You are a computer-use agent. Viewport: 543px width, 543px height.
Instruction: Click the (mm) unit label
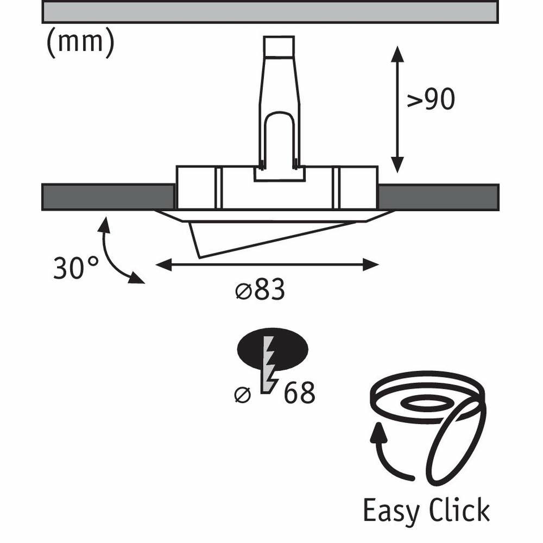pos(80,42)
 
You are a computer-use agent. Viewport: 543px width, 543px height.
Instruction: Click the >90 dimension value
pos(431,99)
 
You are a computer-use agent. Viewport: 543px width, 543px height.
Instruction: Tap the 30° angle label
pos(76,268)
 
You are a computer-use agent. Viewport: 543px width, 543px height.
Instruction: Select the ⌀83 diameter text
pos(260,289)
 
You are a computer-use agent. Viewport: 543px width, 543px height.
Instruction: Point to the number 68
pos(299,393)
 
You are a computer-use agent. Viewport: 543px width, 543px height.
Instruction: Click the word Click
pos(459,509)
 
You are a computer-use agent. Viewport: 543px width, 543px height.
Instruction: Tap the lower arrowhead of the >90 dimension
pos(397,165)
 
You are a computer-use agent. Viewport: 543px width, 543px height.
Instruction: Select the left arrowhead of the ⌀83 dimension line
pos(164,266)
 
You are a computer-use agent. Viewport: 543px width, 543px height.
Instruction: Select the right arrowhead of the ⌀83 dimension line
pos(370,266)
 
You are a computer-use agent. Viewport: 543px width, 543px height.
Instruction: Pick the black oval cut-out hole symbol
pos(272,349)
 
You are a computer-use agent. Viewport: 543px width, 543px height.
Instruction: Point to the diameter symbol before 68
pos(242,394)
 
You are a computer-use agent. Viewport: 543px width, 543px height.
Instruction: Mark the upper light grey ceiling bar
pos(270,11)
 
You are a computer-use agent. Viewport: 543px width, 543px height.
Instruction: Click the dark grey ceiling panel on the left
pos(108,197)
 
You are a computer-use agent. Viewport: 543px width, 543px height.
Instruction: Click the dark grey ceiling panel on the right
pos(438,197)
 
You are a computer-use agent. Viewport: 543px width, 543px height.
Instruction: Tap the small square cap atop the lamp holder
pos(279,46)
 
